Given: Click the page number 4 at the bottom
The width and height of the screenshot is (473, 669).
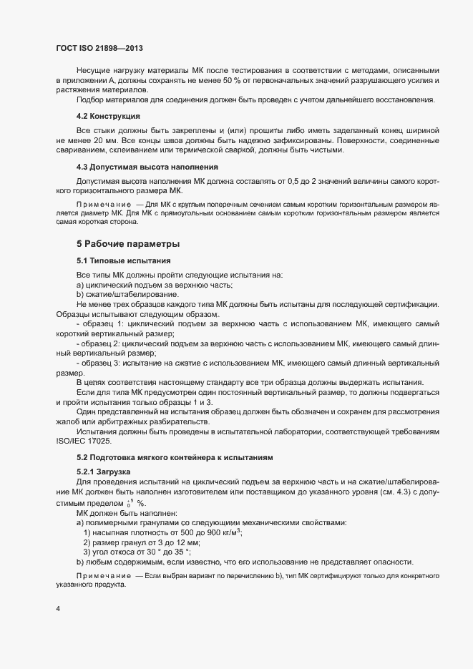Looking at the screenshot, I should (x=58, y=608).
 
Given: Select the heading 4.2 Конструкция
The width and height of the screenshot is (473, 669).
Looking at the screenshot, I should (x=108, y=115).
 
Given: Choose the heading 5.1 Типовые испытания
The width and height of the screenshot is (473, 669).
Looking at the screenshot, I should (x=122, y=260).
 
